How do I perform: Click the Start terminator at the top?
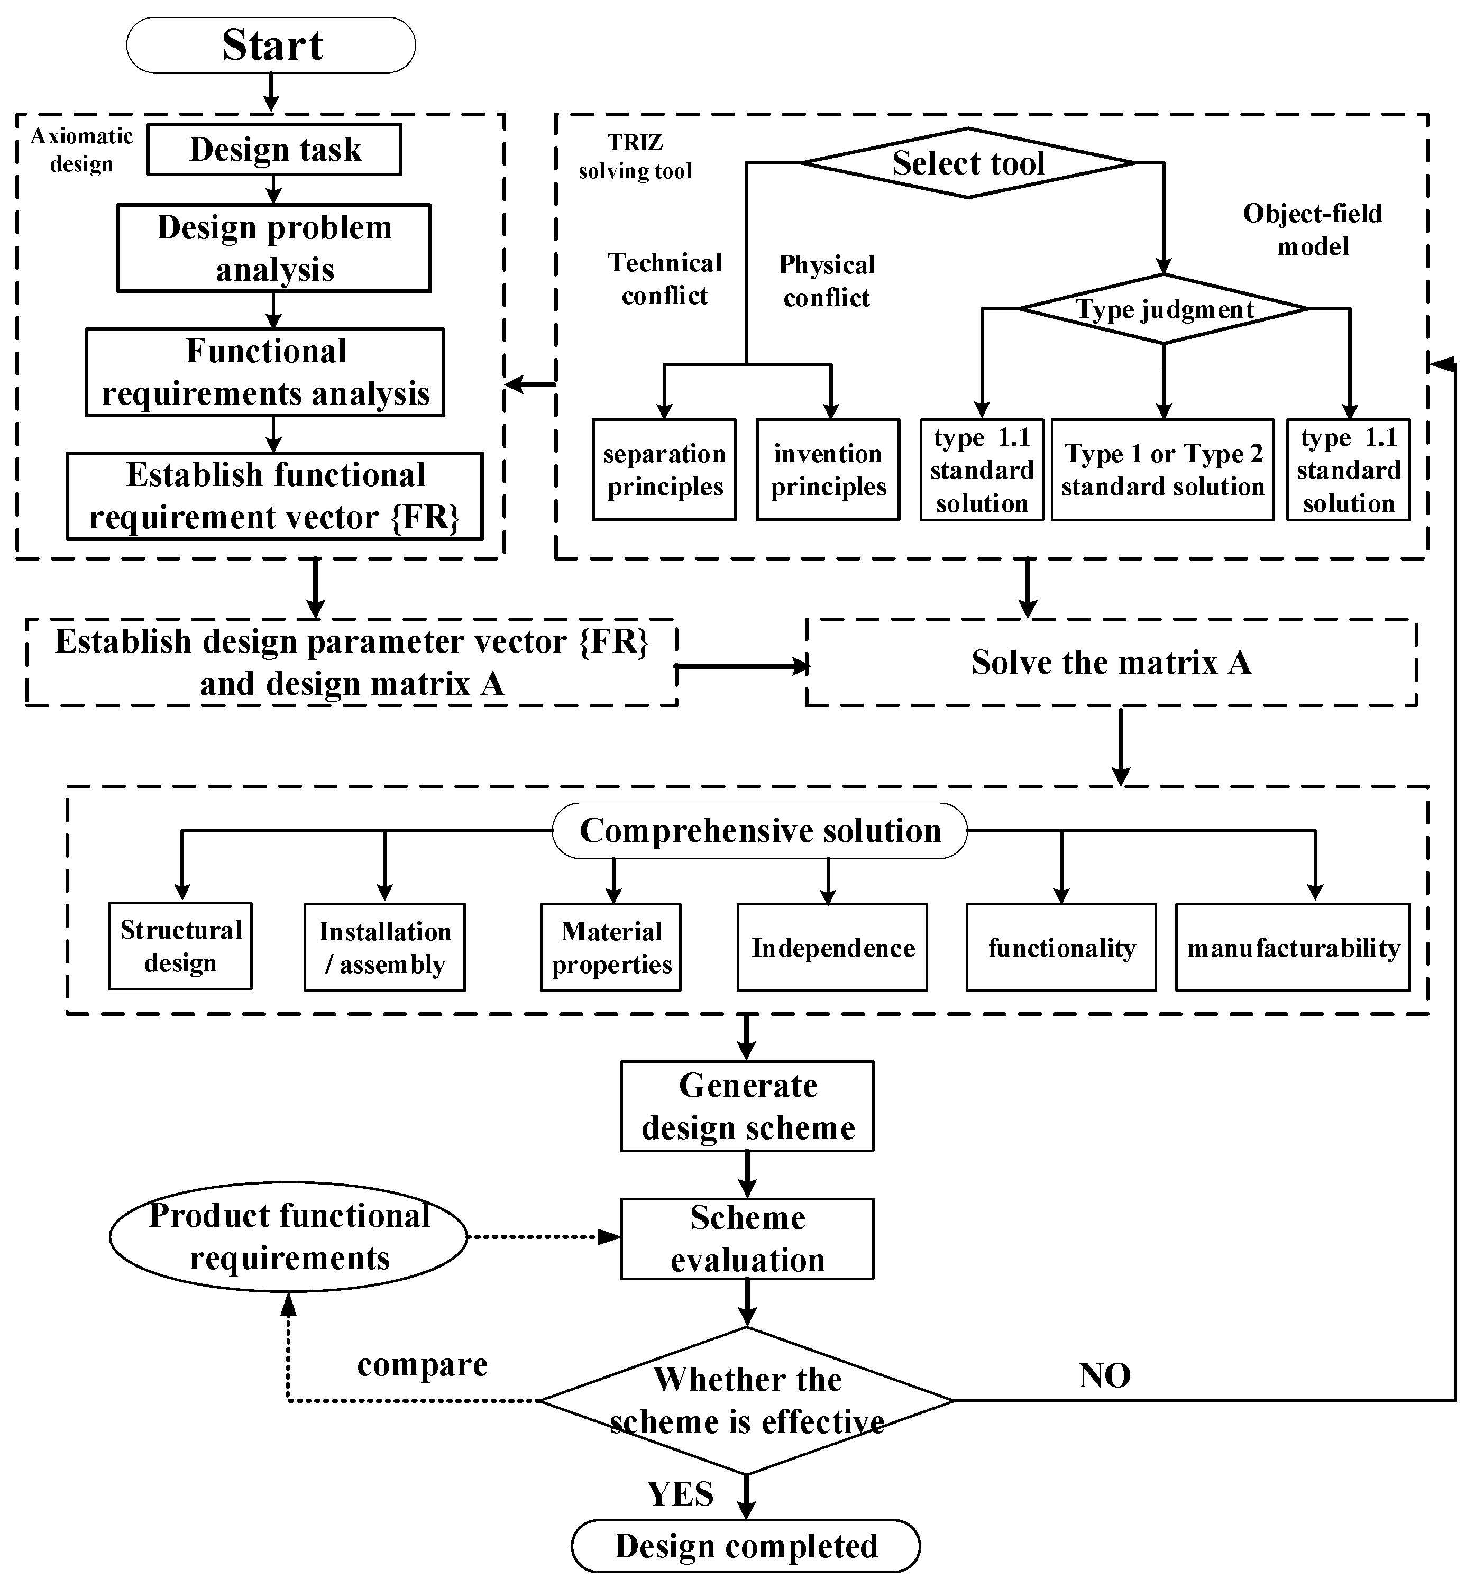(x=271, y=45)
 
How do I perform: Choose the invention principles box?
(x=828, y=470)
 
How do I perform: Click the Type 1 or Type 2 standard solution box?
(x=1162, y=470)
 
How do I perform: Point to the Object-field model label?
(x=1312, y=230)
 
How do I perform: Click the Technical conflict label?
(x=664, y=279)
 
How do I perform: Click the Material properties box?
(x=611, y=947)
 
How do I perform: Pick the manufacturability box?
(x=1292, y=947)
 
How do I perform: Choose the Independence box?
(x=832, y=947)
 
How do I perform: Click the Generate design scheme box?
(x=747, y=1106)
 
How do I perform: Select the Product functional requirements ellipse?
(x=288, y=1237)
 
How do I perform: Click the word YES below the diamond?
(x=680, y=1494)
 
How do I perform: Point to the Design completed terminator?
(x=746, y=1546)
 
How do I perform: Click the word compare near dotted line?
(x=422, y=1364)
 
